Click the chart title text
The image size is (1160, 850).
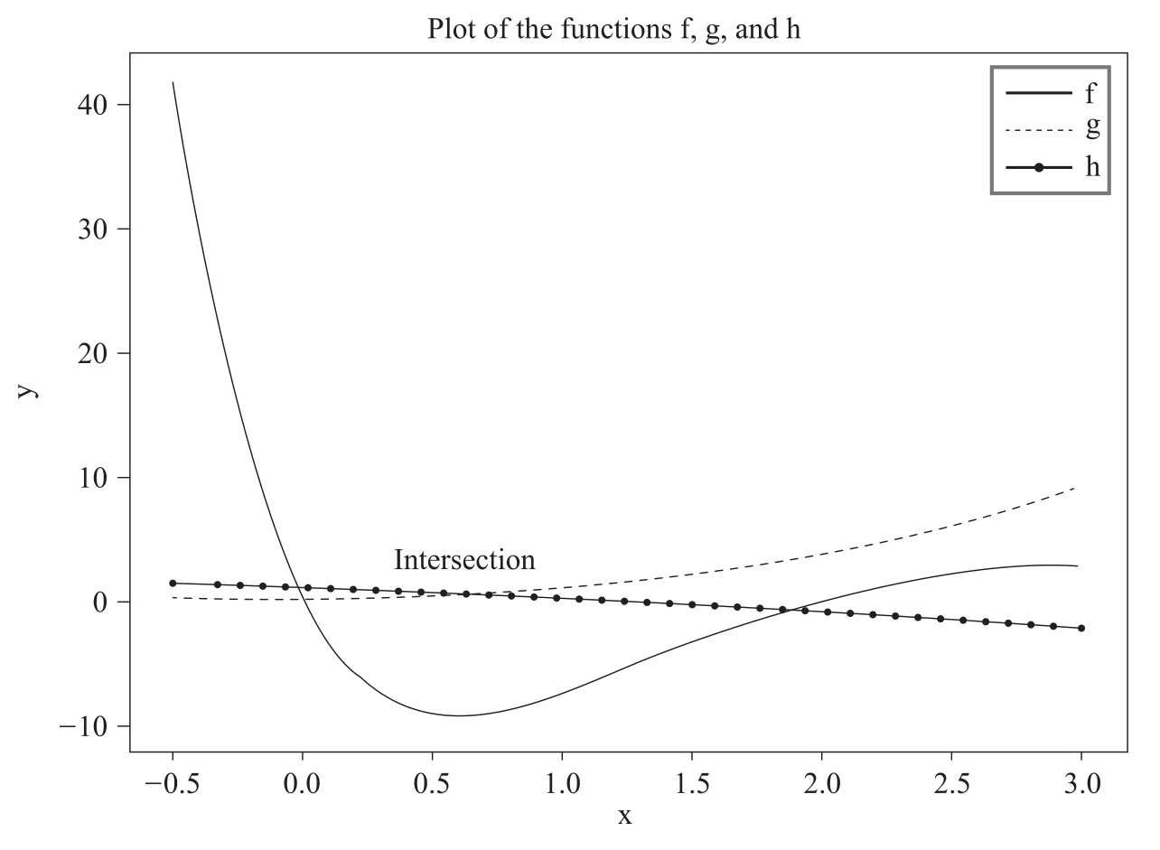[x=614, y=29]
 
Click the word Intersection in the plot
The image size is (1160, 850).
[x=464, y=560]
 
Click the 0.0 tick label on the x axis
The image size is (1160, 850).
[x=303, y=781]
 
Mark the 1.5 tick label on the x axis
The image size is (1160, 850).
[x=692, y=781]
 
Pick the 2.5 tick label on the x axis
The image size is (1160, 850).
[x=952, y=781]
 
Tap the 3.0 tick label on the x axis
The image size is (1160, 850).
[x=1081, y=781]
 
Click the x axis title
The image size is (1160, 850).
[x=624, y=817]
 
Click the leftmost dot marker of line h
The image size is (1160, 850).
[x=173, y=584]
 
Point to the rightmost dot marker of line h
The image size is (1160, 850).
[x=1080, y=628]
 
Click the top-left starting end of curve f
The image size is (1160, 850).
[x=173, y=82]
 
